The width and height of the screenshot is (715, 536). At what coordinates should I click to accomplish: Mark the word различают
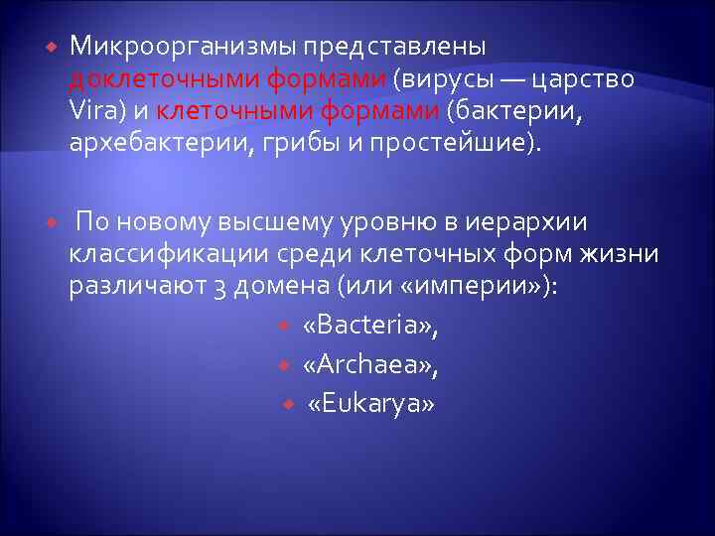(x=129, y=286)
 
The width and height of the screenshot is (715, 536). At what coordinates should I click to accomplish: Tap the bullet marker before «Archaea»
(x=285, y=365)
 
